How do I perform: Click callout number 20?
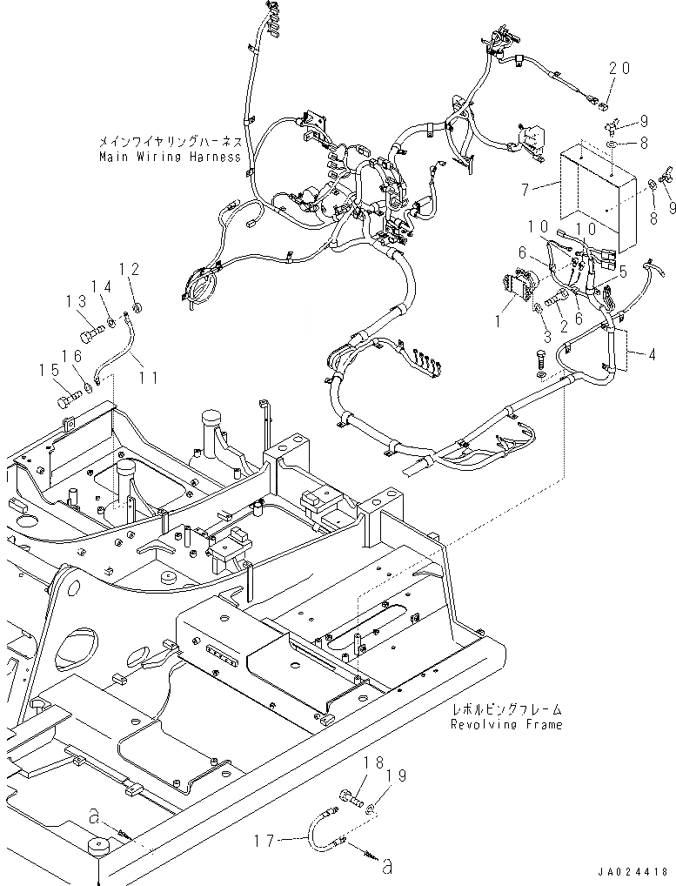click(x=619, y=69)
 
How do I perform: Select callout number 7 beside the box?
click(x=525, y=189)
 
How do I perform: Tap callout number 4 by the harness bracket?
click(x=653, y=355)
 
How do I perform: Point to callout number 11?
click(x=149, y=376)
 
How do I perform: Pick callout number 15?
click(x=49, y=370)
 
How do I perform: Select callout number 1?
click(x=498, y=321)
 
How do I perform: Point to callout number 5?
click(x=623, y=272)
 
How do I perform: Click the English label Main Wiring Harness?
click(x=170, y=157)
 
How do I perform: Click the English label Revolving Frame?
click(x=506, y=724)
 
